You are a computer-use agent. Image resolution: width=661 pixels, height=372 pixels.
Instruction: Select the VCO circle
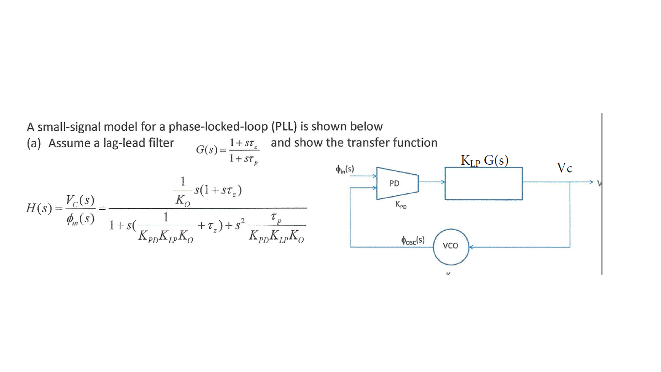click(x=451, y=246)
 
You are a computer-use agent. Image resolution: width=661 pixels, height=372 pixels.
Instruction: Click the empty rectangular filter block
click(x=483, y=184)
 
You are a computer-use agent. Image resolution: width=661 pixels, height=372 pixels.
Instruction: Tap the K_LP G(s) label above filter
click(x=484, y=161)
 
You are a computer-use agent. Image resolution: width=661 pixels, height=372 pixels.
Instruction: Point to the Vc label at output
click(x=564, y=168)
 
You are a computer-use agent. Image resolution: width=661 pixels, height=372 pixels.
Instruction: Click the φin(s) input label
click(x=345, y=169)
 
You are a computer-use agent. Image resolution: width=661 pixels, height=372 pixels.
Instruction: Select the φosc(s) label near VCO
click(x=412, y=240)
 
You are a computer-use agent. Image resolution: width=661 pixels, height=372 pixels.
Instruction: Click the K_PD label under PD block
click(x=401, y=205)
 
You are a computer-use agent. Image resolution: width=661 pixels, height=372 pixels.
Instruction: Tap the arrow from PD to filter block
click(x=432, y=183)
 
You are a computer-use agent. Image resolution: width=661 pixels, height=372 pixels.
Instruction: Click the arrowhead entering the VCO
click(x=470, y=247)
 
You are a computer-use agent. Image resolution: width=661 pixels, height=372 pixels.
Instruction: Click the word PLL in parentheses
click(x=284, y=127)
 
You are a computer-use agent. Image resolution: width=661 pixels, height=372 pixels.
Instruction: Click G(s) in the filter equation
click(x=206, y=150)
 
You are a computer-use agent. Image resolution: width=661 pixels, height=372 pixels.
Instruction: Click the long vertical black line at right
click(x=602, y=194)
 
